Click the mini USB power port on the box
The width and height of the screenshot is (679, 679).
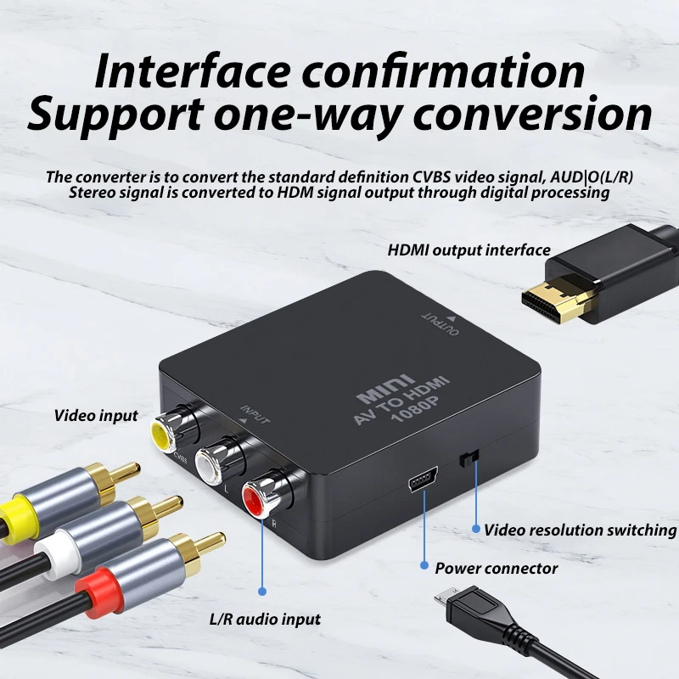pos(423,480)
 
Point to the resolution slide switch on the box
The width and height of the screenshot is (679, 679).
pos(469,457)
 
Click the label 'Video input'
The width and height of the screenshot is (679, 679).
pos(96,416)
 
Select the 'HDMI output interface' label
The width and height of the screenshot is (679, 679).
pos(469,250)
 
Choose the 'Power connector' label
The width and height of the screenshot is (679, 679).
pos(497,568)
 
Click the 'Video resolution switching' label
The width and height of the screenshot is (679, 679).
pos(580,530)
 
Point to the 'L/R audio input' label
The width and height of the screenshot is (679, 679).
pos(265,620)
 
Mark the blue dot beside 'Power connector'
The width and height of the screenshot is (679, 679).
pos(424,565)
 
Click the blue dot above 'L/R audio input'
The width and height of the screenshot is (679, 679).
pos(262,591)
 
